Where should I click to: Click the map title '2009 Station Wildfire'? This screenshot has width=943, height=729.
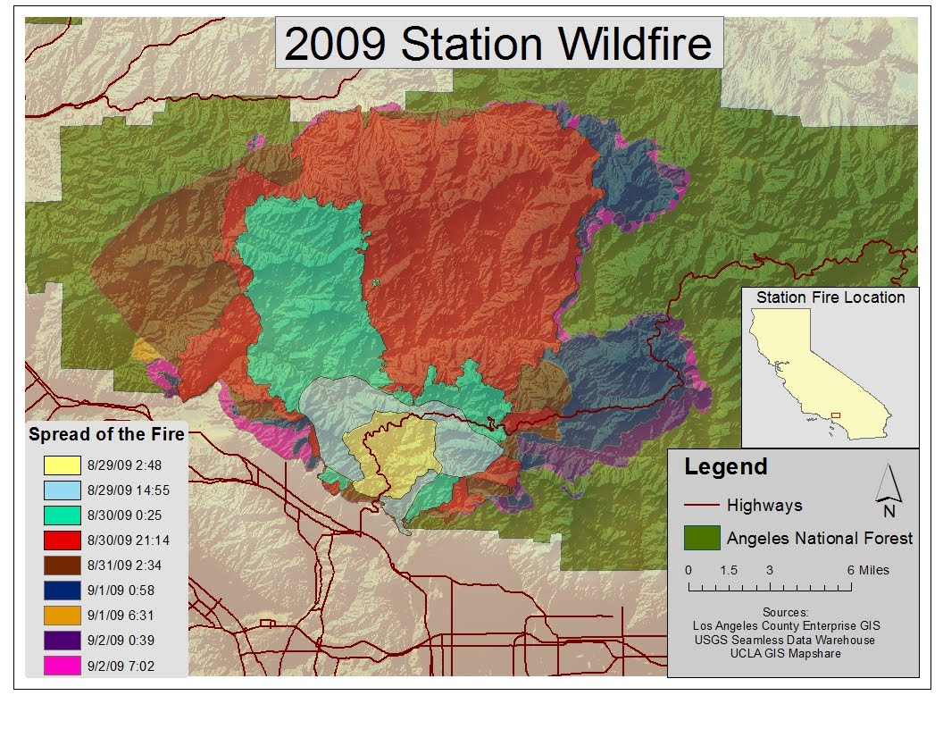click(498, 44)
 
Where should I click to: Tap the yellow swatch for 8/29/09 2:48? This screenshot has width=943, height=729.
click(61, 465)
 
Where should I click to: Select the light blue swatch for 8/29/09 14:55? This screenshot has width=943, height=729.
click(61, 490)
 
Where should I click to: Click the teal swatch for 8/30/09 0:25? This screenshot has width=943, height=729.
click(61, 515)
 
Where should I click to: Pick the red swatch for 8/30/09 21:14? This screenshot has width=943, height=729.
click(61, 540)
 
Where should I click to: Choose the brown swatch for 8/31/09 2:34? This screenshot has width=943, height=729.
click(61, 566)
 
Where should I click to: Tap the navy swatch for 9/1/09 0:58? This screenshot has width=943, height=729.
click(61, 591)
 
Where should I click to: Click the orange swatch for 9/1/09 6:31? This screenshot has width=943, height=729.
click(61, 616)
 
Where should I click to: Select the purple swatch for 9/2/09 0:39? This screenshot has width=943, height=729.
click(61, 641)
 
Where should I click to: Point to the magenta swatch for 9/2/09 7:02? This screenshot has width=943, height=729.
click(61, 666)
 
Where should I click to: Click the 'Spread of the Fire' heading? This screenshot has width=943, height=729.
click(106, 435)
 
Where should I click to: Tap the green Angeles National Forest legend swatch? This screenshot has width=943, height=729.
click(701, 538)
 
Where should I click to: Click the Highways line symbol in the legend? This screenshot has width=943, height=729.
click(701, 506)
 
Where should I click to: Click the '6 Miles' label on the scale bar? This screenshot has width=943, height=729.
click(868, 570)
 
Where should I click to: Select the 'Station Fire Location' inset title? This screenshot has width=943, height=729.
click(830, 297)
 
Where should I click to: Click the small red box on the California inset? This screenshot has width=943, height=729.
click(836, 415)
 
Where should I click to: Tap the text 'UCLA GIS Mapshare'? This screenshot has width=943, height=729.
click(785, 653)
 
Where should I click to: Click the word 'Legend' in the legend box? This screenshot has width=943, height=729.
click(725, 466)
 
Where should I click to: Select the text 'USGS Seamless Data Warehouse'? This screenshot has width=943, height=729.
click(785, 640)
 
